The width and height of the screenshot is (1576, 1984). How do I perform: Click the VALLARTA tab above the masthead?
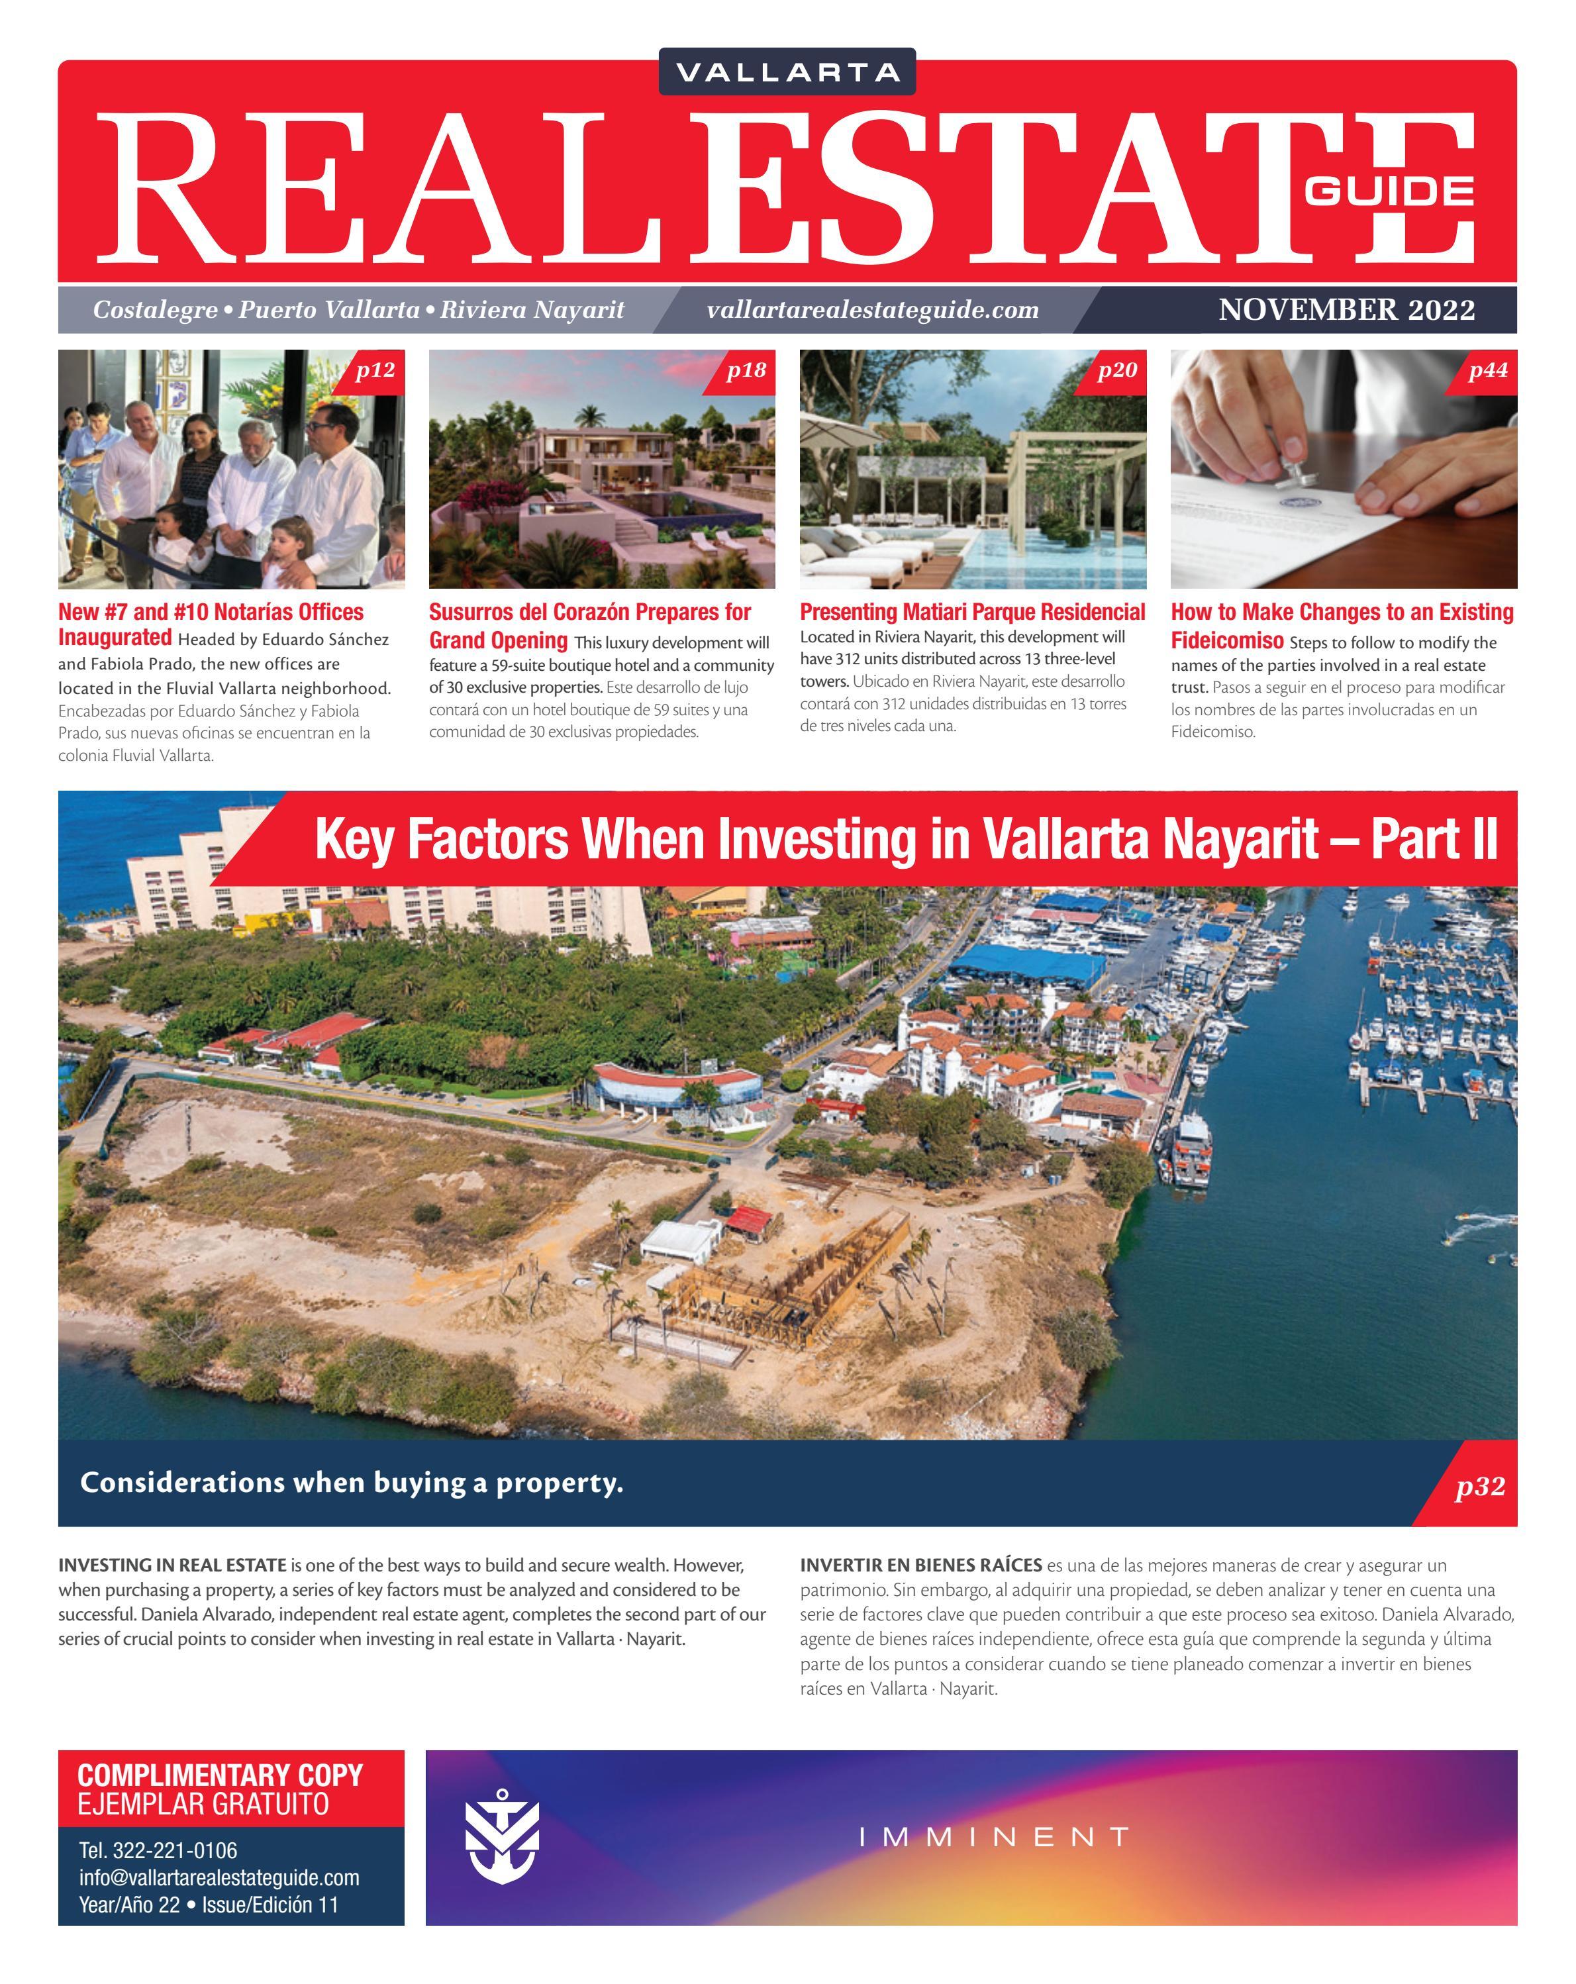[787, 72]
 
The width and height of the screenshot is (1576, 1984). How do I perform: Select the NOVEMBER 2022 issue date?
[1346, 310]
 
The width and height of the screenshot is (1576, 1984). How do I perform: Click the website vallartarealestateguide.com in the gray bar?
[872, 310]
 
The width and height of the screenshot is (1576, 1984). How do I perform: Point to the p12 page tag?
[375, 370]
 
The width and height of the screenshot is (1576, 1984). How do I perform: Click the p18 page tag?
[746, 370]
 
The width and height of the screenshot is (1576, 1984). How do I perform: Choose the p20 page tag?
[1117, 370]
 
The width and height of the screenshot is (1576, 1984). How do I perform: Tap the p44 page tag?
[1488, 370]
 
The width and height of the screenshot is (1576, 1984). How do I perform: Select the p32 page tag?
[1479, 1486]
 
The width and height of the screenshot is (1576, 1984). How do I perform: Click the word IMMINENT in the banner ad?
[994, 1838]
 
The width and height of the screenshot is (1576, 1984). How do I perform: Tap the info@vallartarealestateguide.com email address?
[219, 1877]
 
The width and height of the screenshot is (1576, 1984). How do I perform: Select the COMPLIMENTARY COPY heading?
[220, 1775]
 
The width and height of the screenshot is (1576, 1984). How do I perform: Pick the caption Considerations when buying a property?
[352, 1483]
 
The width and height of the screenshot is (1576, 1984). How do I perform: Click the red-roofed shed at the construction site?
[750, 1220]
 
